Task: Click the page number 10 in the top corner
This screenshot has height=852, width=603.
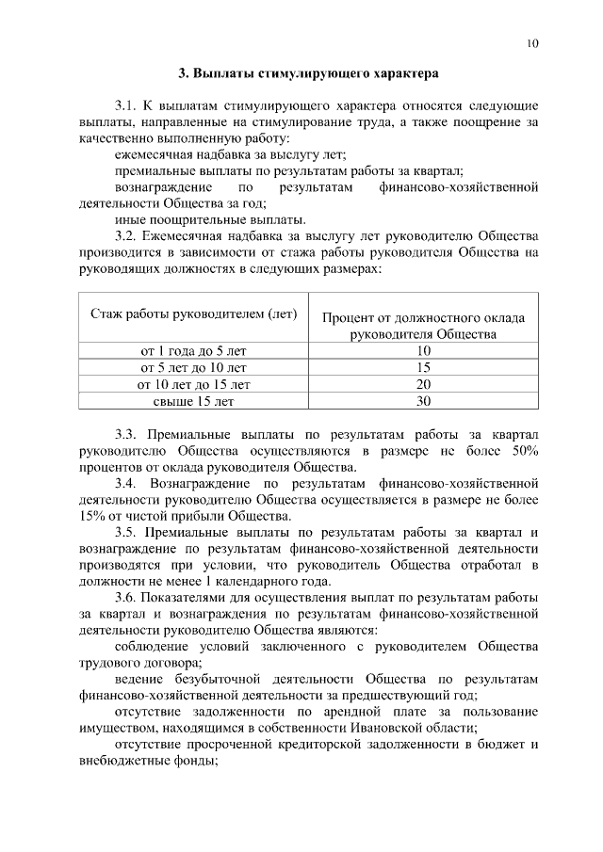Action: point(532,43)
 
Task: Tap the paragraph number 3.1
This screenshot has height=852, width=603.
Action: point(126,106)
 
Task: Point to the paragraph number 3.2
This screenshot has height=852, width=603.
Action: point(126,236)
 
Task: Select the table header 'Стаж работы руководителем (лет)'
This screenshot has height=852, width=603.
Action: point(193,313)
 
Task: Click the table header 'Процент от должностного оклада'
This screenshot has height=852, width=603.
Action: point(423,318)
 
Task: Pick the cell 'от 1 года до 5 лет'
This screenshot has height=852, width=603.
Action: point(193,350)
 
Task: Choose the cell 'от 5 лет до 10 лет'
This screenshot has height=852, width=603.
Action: point(193,367)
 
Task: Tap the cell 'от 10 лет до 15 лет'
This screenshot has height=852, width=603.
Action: point(193,384)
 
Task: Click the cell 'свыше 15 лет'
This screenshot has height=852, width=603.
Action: point(193,401)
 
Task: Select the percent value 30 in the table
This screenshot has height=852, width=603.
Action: point(423,401)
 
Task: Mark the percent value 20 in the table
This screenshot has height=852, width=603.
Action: point(423,384)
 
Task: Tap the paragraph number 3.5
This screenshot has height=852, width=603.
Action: point(126,532)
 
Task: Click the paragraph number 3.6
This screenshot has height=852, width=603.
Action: point(126,598)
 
